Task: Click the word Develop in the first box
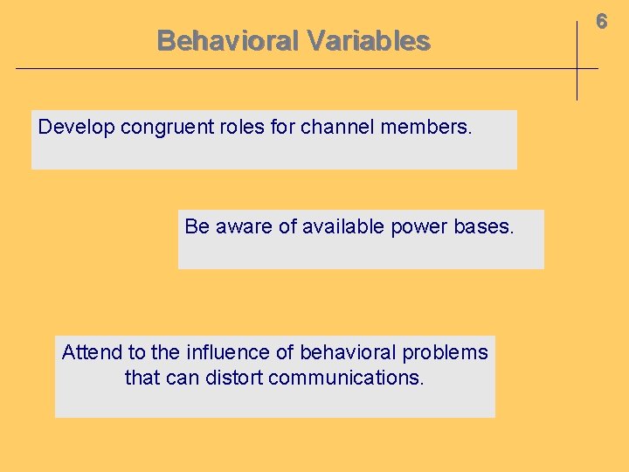click(76, 127)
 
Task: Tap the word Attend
click(92, 352)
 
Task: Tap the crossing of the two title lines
click(577, 68)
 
